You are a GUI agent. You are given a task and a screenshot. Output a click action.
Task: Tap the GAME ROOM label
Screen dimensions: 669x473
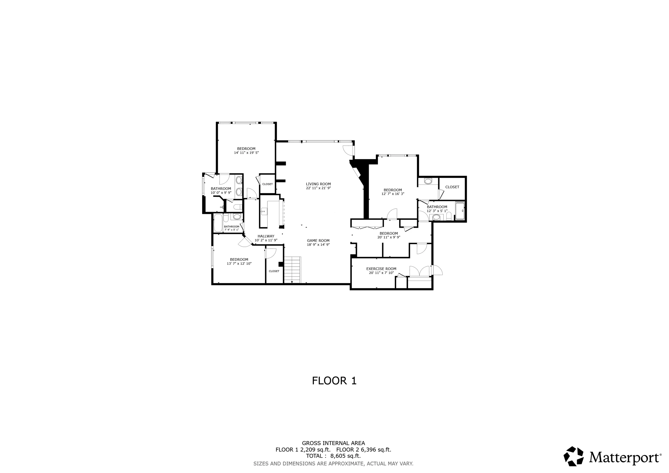click(318, 241)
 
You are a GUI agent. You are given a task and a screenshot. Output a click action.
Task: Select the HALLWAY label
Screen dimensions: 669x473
click(266, 236)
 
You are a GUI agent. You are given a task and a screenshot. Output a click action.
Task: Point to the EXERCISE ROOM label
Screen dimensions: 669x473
click(381, 269)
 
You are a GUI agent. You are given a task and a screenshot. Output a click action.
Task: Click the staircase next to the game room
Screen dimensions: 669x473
click(292, 270)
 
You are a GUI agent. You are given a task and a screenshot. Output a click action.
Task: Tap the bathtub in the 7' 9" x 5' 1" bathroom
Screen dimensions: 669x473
click(218, 223)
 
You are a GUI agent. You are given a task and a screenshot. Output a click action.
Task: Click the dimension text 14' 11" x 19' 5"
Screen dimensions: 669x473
click(246, 153)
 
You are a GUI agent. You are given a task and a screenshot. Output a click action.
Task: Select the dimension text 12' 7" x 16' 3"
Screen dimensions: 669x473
click(393, 194)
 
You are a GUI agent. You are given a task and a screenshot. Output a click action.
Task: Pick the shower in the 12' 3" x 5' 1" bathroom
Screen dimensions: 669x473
click(460, 210)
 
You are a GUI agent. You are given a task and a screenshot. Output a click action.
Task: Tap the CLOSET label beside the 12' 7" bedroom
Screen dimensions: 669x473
click(452, 187)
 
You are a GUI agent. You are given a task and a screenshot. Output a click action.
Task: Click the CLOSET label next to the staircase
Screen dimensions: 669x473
click(274, 271)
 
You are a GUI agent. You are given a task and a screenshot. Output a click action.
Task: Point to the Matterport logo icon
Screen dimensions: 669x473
click(573, 456)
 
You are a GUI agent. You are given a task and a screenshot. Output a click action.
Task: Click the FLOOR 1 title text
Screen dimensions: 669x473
click(334, 381)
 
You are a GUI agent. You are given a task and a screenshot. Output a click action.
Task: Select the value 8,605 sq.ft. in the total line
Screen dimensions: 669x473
click(345, 456)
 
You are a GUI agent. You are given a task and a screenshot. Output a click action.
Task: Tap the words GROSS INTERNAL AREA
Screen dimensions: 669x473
click(333, 443)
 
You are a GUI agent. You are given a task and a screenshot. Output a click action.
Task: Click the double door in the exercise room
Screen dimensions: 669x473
click(419, 271)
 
